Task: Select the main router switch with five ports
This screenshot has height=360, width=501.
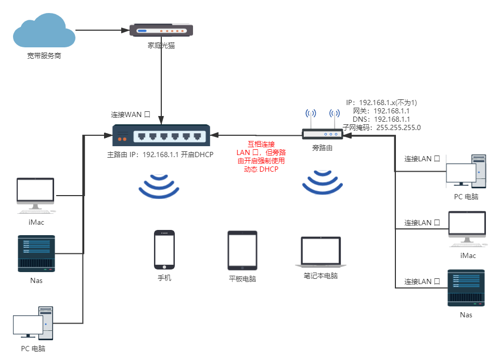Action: [x=161, y=137]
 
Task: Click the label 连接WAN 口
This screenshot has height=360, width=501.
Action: [x=131, y=114]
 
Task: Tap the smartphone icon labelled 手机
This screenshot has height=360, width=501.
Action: [x=164, y=250]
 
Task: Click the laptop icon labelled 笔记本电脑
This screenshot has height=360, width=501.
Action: [x=321, y=253]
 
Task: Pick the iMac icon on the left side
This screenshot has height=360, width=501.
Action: [x=35, y=195]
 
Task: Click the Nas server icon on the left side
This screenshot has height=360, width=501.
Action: [x=36, y=253]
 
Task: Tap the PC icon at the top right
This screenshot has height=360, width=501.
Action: [x=466, y=172]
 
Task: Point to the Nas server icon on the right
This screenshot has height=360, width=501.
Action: [x=466, y=288]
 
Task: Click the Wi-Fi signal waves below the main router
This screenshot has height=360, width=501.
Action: [x=159, y=186]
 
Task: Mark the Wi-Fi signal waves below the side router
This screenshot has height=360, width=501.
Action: [x=323, y=182]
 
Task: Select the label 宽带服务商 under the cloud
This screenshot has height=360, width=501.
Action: [x=44, y=56]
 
